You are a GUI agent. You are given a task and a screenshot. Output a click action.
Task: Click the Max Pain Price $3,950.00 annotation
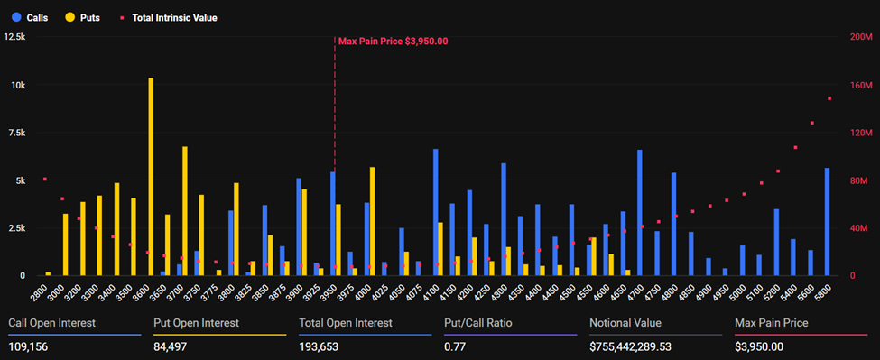393,41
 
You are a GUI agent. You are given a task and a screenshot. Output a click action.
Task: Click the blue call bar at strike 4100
435,212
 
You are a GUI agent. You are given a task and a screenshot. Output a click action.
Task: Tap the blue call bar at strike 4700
640,212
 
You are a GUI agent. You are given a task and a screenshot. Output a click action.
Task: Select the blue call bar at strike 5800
827,221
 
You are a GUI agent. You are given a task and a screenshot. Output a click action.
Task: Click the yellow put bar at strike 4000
372,221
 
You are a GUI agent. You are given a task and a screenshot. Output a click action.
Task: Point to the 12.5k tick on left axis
15,37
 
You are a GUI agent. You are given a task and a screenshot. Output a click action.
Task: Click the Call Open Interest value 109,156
31,346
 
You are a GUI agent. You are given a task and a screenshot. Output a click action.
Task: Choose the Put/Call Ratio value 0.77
455,346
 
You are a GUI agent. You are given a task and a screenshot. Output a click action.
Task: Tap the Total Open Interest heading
346,323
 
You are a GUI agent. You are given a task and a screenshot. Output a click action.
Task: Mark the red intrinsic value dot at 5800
829,99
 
